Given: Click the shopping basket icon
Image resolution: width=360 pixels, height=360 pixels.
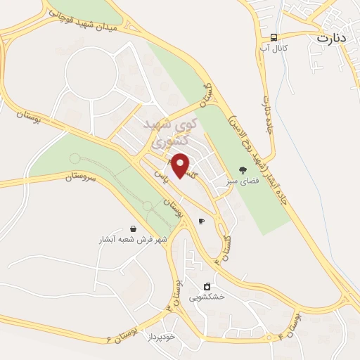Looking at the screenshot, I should (134, 229).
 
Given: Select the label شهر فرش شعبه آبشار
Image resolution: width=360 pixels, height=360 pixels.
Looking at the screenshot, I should (134, 240).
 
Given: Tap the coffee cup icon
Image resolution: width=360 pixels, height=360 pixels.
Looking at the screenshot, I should (201, 221).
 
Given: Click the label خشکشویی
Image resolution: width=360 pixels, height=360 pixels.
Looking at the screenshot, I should (207, 297).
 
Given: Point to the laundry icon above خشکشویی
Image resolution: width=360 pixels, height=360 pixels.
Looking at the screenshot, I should (207, 285).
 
